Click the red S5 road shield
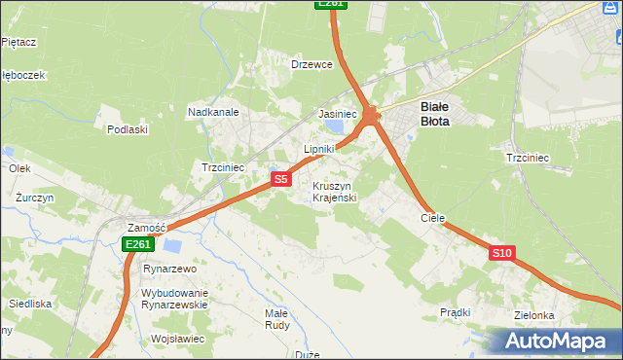280,179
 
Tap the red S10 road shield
501,253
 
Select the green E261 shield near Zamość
136,245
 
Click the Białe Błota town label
434,114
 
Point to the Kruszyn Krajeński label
335,192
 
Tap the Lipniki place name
318,149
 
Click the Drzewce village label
312,64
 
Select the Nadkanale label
213,112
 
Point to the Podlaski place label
128,129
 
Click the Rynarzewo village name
169,269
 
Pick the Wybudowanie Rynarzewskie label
174,299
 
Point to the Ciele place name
432,218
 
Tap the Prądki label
455,312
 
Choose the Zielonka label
534,315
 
